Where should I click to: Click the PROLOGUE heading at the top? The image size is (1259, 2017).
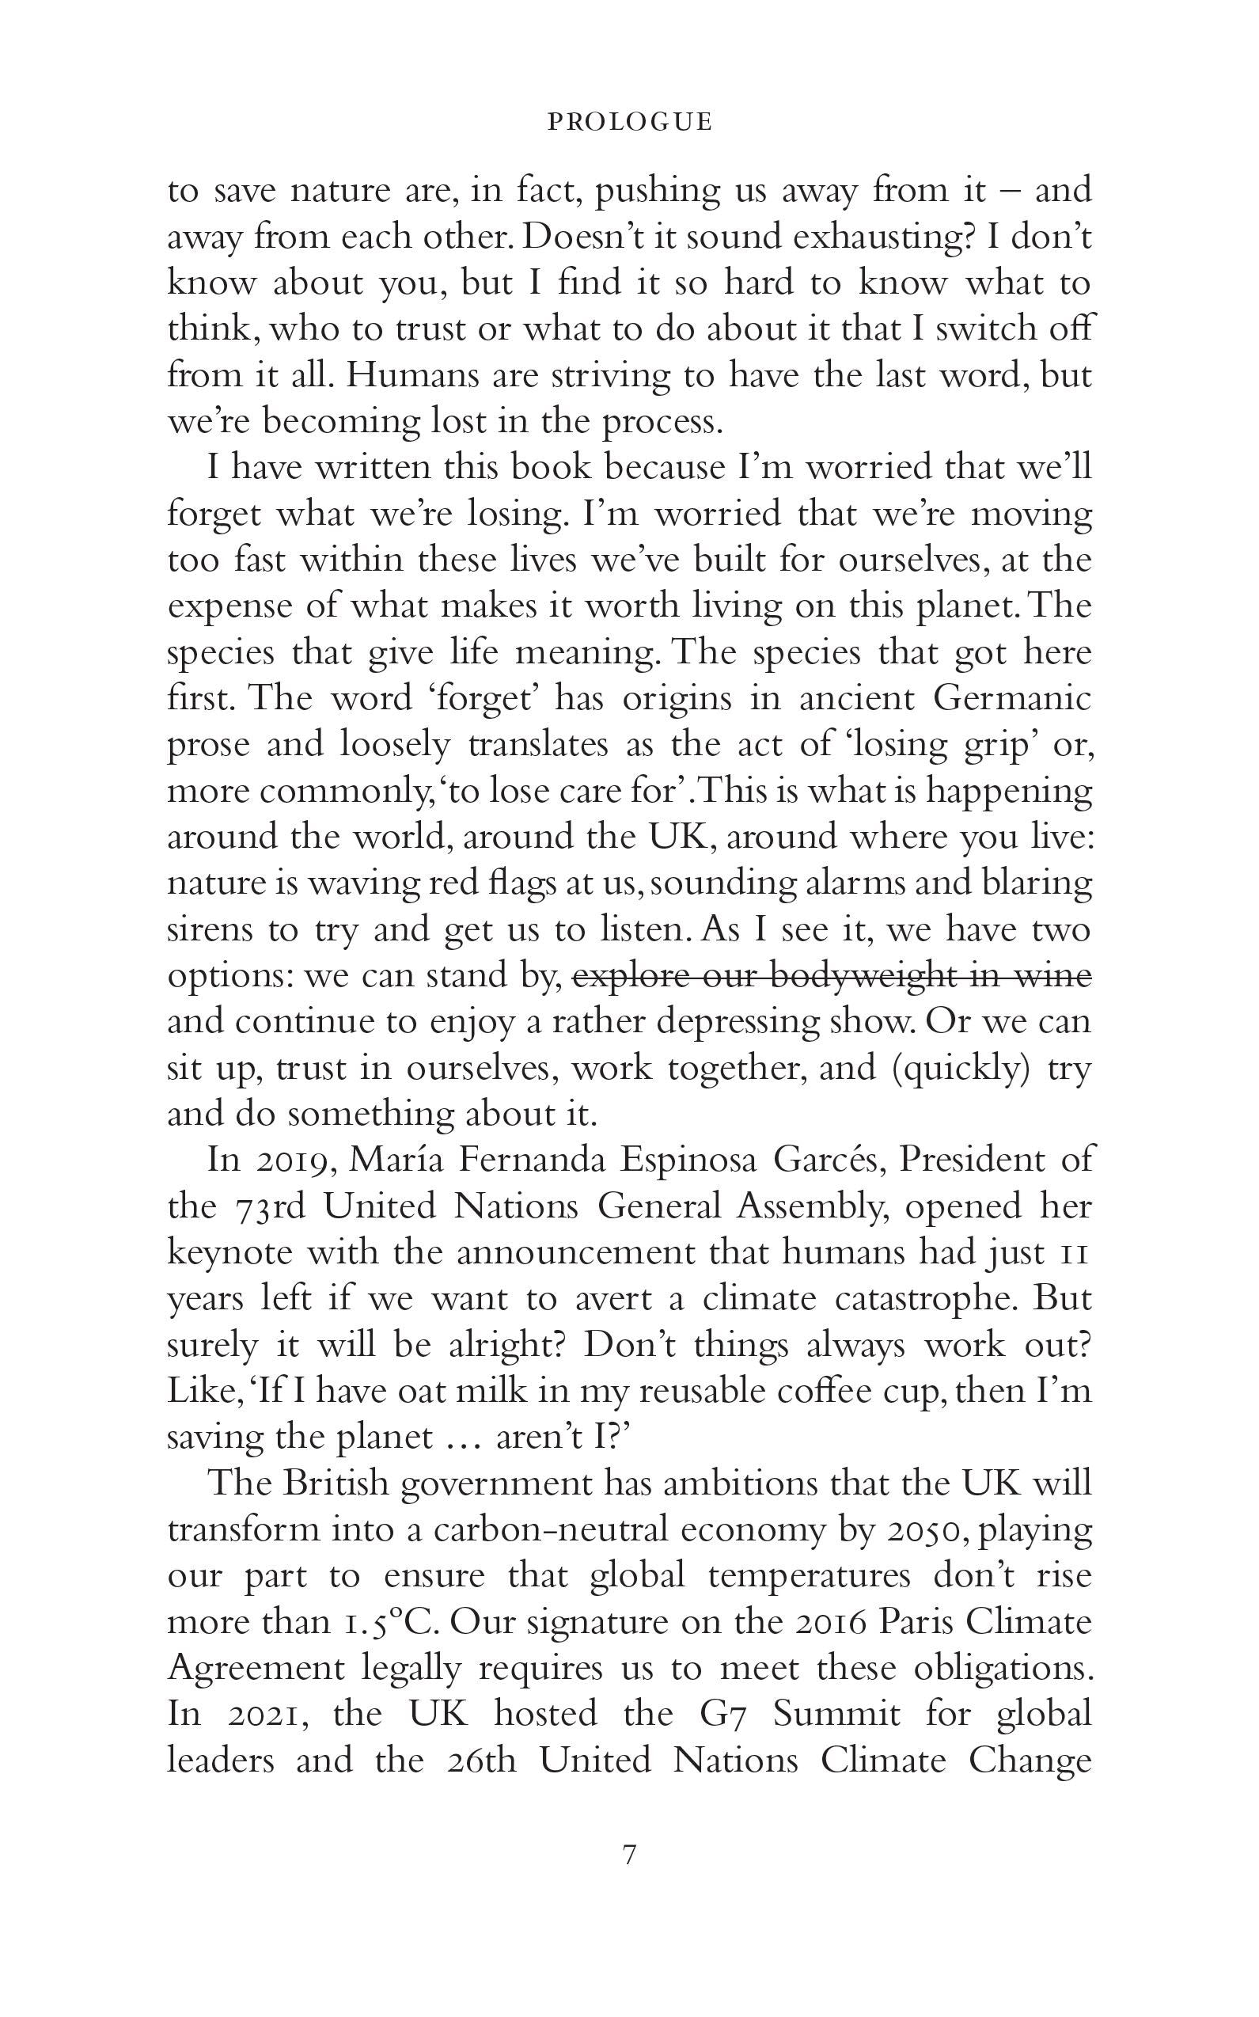click(x=630, y=123)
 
